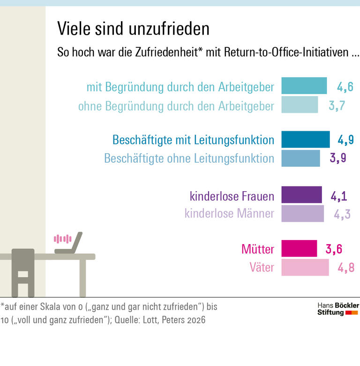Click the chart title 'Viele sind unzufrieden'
pos(133,29)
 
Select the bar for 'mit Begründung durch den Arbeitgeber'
pos(304,86)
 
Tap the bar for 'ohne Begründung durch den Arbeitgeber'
pos(300,105)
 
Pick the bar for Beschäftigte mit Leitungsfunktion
pos(306,140)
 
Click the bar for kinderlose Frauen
pos(301,194)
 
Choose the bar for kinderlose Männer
pos(302,214)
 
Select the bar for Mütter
pos(299,248)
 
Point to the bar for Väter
pos(305,268)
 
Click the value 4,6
pos(345,87)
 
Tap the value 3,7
pos(337,105)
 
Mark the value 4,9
pos(345,140)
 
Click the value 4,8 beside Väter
pos(345,268)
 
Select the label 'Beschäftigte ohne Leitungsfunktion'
pos(189,158)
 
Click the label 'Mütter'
pos(257,249)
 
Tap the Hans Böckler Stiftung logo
pos(337,309)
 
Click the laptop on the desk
pos(70,244)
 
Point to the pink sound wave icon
pos(62,239)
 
